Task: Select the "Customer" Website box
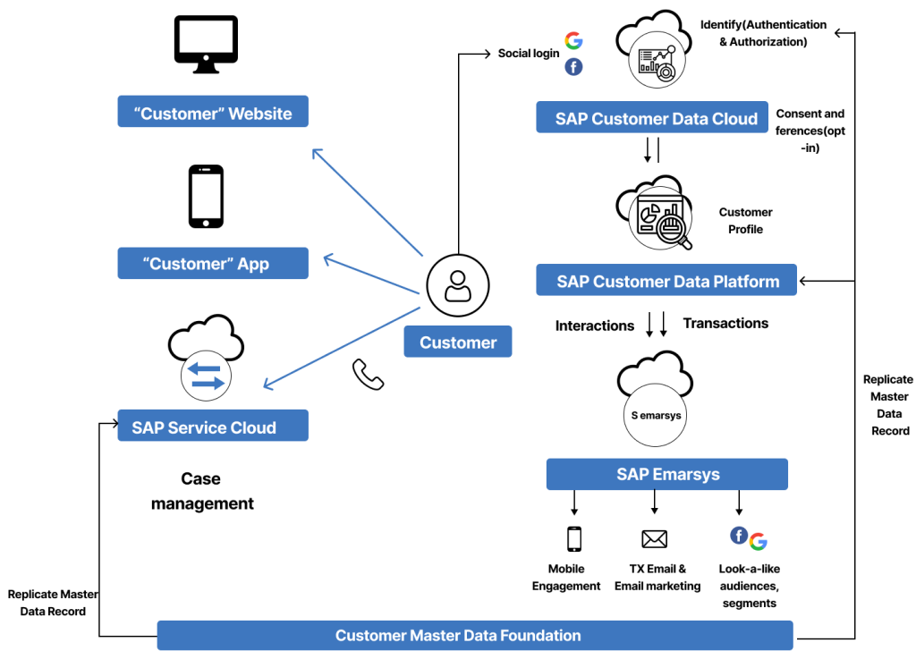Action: (x=213, y=113)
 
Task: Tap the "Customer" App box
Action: (x=213, y=264)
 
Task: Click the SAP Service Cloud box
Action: (x=213, y=427)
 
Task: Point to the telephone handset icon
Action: (x=368, y=375)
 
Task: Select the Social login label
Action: (x=529, y=54)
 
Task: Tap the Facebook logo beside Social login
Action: (x=573, y=68)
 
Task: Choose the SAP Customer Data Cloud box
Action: (x=656, y=119)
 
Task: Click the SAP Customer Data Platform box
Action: (x=667, y=281)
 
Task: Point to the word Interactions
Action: (x=595, y=325)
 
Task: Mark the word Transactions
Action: (x=725, y=324)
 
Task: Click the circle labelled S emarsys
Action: (x=655, y=415)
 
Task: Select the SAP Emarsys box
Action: (x=667, y=475)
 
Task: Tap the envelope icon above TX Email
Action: (x=655, y=538)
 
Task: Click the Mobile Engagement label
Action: (x=566, y=578)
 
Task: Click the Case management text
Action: (x=202, y=492)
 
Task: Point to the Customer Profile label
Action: (x=745, y=221)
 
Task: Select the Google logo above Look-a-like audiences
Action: (x=759, y=541)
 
